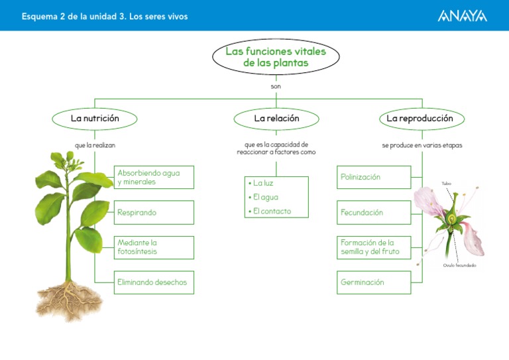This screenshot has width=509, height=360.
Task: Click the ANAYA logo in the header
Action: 463,15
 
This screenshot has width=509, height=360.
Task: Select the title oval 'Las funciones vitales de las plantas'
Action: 275,57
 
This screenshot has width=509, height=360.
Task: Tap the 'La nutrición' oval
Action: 95,118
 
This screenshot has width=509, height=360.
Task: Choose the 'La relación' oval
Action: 276,118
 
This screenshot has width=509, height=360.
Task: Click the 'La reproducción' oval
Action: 420,118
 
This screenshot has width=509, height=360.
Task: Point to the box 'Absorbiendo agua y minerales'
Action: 154,177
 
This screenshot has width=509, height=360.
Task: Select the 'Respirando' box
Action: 154,213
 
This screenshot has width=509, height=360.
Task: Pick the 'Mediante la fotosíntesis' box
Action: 154,247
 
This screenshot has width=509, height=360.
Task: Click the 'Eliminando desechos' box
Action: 154,282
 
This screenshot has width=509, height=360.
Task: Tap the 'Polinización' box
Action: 374,177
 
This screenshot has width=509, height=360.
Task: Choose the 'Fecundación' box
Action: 374,213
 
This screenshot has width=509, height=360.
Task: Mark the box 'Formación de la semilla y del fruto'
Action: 374,247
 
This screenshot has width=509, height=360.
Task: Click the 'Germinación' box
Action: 374,282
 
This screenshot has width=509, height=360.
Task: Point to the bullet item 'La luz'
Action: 263,182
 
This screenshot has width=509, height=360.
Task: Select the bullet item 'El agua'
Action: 264,197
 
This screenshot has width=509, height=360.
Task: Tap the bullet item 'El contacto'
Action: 270,211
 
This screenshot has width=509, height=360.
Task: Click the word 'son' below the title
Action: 276,86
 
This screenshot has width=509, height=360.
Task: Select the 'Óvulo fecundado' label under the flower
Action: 459,265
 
